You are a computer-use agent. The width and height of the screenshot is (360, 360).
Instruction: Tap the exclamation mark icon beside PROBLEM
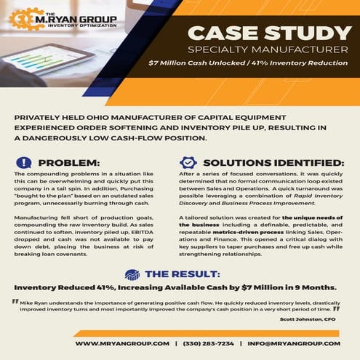point(24,162)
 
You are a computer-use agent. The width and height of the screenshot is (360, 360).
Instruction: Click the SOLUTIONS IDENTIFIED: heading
point(273,162)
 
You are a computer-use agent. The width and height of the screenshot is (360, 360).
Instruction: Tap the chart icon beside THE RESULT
point(132,274)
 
